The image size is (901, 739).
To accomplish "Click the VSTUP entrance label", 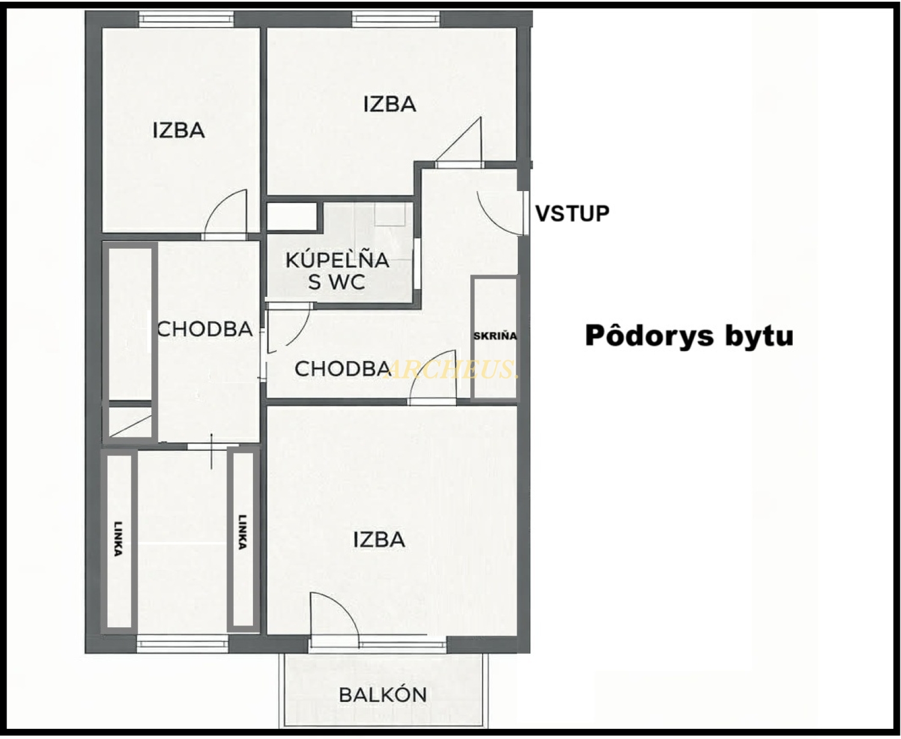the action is coord(572,213).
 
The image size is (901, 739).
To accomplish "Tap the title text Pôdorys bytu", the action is coord(689,336).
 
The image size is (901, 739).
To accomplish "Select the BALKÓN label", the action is coord(383,695).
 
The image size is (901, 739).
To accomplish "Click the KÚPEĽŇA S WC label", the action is coord(337,271).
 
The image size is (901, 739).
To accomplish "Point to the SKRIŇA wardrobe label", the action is coord(495,335).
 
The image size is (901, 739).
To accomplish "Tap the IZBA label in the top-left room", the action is coord(178,130).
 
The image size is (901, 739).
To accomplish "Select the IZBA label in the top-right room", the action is coord(390,105).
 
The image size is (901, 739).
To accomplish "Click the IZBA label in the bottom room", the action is coord(379,540).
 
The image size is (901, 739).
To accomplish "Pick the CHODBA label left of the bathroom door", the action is coord(205,329).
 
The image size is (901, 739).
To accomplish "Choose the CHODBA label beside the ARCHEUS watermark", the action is coord(342,369).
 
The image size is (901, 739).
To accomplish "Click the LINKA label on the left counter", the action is coord(118,539).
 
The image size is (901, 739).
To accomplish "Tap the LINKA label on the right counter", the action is coord(242,532).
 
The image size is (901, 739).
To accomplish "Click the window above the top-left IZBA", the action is coord(186,19).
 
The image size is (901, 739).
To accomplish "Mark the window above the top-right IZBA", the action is coord(396,19).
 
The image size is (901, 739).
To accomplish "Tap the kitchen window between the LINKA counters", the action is coord(183,644).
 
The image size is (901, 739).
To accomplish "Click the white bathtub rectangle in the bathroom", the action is coord(292,217).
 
